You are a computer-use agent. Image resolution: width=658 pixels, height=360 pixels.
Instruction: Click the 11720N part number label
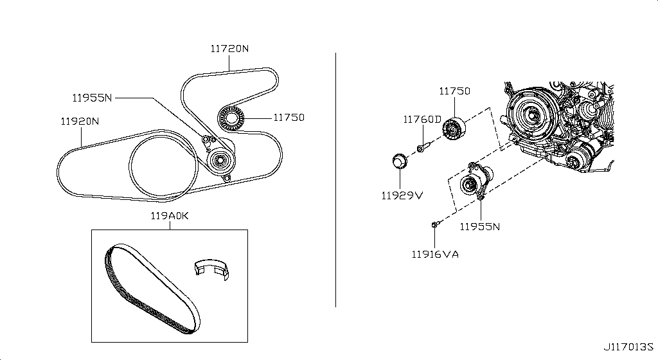(229, 49)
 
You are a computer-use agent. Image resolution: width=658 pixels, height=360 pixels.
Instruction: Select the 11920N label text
(80, 122)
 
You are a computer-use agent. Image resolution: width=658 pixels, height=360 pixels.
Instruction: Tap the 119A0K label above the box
(170, 215)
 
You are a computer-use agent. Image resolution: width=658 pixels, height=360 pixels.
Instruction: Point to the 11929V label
(402, 195)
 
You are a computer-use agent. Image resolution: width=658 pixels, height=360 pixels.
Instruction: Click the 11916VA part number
(435, 255)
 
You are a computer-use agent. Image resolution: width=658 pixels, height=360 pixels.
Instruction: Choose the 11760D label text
(423, 120)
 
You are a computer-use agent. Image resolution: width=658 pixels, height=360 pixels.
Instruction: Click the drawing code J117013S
(628, 347)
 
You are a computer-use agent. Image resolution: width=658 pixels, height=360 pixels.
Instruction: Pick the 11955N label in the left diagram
(93, 98)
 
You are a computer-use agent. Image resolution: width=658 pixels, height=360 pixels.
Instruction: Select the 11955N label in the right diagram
(480, 226)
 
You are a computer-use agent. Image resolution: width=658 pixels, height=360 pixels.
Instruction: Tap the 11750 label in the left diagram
(289, 118)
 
